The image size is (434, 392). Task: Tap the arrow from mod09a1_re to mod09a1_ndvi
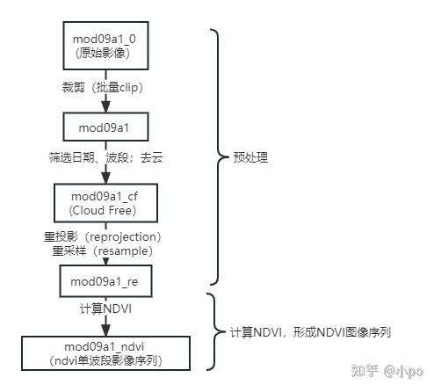click(x=105, y=323)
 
